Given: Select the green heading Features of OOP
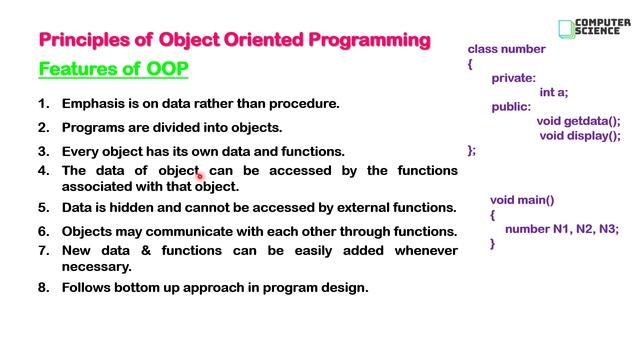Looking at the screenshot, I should (x=113, y=69).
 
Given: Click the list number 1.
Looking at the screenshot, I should (x=44, y=103).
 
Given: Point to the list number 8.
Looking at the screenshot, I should (x=44, y=287).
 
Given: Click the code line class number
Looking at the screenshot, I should (x=506, y=49).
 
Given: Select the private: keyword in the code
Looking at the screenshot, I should (x=514, y=77).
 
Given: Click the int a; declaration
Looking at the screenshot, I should (x=553, y=92).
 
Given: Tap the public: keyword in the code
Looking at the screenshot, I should (x=512, y=106).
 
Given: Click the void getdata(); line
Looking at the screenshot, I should (x=578, y=121).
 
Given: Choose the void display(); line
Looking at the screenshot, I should (x=580, y=136).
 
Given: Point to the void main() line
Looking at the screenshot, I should (x=521, y=200).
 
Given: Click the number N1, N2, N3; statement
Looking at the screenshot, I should (x=561, y=229).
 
